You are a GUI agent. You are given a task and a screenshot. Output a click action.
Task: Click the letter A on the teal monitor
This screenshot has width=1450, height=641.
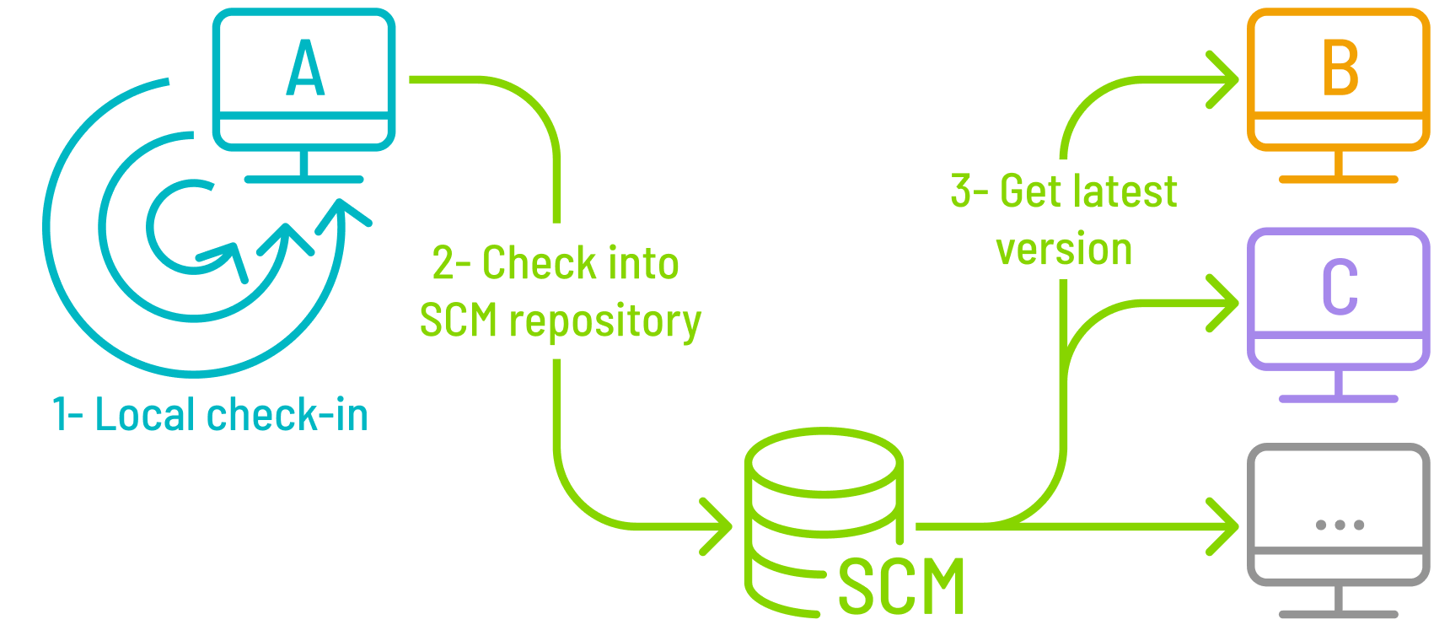[x=305, y=68]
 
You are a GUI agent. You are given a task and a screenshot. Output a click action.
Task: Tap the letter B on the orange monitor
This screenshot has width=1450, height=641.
[x=1340, y=68]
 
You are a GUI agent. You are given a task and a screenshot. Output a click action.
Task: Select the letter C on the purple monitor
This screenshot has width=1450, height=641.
[x=1340, y=287]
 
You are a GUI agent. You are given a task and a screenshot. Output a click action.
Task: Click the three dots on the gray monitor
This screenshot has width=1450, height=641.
[x=1340, y=525]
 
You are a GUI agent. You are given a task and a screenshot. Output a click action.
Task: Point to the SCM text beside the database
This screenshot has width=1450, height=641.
[x=901, y=587]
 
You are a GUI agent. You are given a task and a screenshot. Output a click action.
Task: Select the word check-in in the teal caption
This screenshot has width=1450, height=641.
[x=287, y=415]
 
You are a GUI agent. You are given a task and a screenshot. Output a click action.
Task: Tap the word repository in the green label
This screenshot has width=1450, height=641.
[x=604, y=321]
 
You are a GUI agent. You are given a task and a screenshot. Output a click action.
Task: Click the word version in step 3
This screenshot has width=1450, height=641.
[x=1064, y=250]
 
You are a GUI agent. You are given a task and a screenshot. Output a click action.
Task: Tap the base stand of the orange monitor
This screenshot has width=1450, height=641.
[x=1339, y=179]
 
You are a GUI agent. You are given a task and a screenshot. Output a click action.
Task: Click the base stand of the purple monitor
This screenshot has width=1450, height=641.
[x=1339, y=398]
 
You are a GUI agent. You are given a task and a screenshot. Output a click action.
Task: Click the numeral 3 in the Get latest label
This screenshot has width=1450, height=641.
[x=961, y=191]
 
